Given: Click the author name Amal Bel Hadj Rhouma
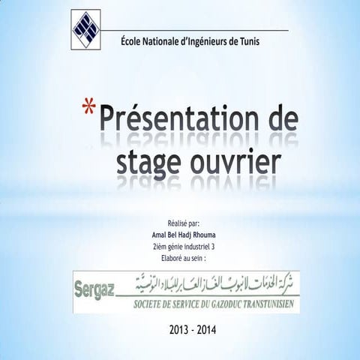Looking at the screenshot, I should [x=183, y=234].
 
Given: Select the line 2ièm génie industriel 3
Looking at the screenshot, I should [x=183, y=245].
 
